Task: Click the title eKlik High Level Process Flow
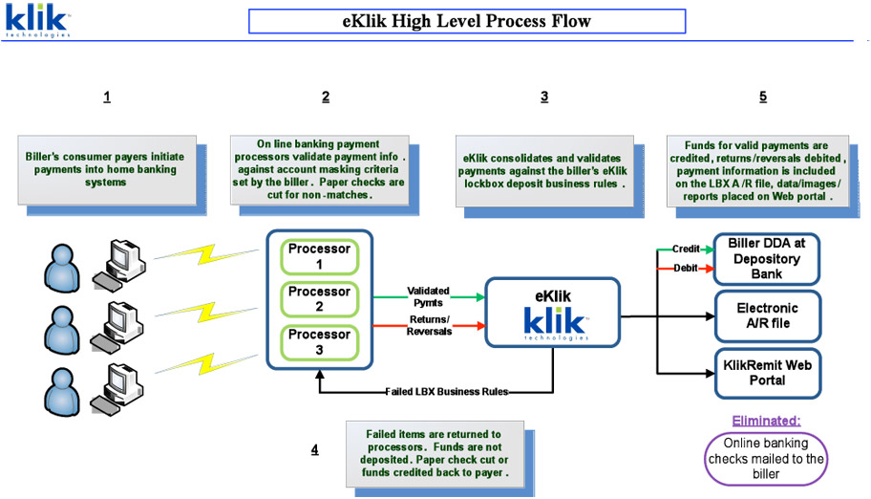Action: pyautogui.click(x=466, y=21)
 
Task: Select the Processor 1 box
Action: pyautogui.click(x=319, y=256)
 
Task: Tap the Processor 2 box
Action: pyautogui.click(x=319, y=299)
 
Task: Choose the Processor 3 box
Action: pyautogui.click(x=319, y=342)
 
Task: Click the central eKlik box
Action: pyautogui.click(x=553, y=312)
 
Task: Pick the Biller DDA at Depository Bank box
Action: pyautogui.click(x=766, y=258)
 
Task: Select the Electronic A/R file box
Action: pyautogui.click(x=766, y=316)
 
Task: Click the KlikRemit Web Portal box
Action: pyautogui.click(x=766, y=374)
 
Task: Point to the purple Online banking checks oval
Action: pyautogui.click(x=765, y=458)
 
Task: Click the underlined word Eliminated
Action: pyautogui.click(x=766, y=421)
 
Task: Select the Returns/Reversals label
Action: pyautogui.click(x=429, y=326)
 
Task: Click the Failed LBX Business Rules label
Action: pyautogui.click(x=447, y=392)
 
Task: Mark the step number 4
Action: pyautogui.click(x=314, y=450)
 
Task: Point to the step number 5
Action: pyautogui.click(x=763, y=97)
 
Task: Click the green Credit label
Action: pyautogui.click(x=686, y=249)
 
